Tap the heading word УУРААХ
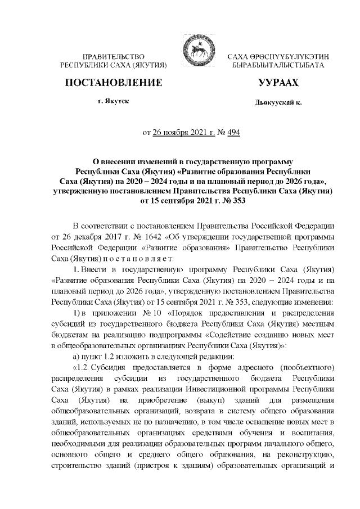tap(278, 84)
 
